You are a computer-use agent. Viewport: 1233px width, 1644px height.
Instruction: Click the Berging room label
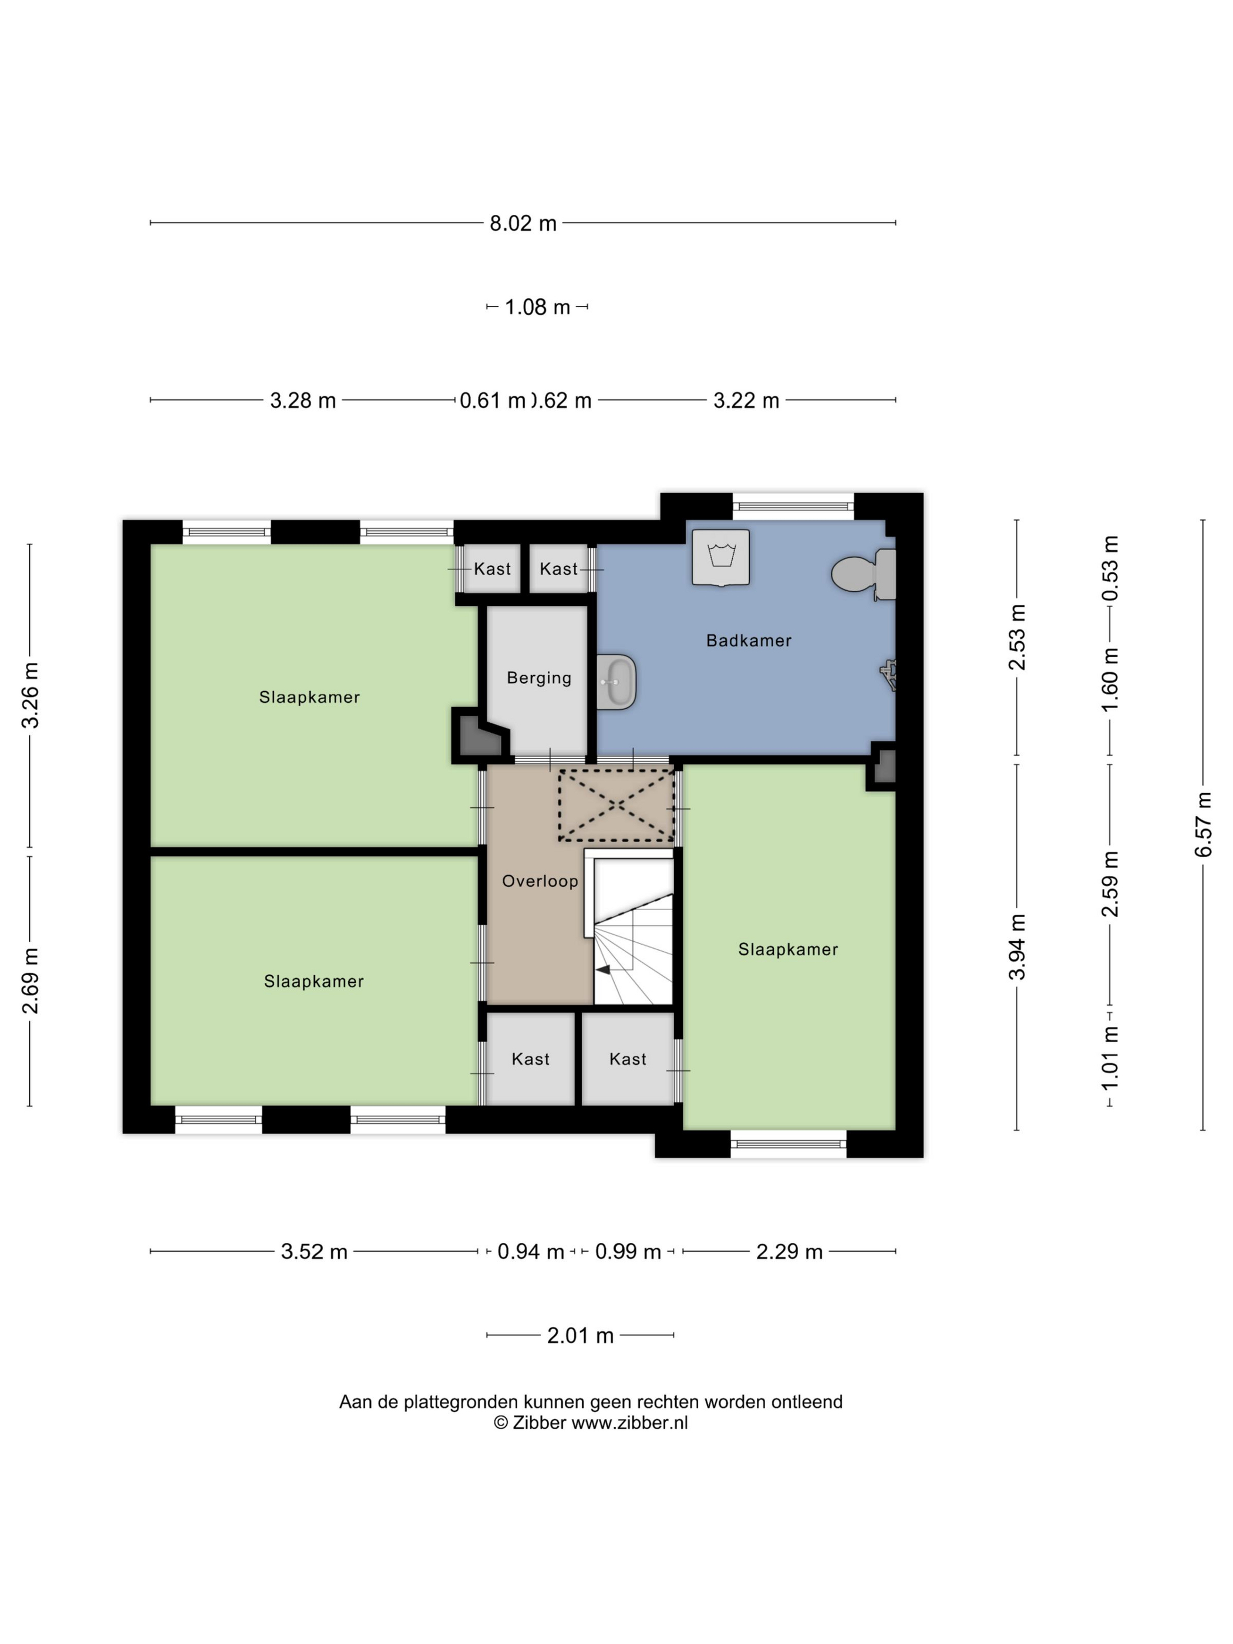click(539, 677)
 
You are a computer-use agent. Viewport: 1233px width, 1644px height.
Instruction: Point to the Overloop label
click(540, 881)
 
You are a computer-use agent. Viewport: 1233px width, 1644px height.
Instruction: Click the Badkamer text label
click(749, 640)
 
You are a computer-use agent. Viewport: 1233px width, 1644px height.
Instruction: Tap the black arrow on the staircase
click(603, 969)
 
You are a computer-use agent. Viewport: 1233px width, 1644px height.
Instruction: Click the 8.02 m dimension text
click(523, 223)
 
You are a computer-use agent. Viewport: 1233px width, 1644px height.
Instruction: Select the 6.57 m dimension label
click(1203, 824)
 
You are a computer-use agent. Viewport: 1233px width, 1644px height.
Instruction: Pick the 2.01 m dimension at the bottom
click(581, 1336)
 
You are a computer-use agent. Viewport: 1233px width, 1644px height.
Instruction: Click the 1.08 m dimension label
click(537, 307)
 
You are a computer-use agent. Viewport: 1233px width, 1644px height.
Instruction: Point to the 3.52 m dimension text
click(314, 1252)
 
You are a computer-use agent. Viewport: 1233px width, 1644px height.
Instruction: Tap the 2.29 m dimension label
click(789, 1252)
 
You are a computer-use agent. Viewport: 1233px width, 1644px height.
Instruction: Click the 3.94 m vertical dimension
click(1017, 947)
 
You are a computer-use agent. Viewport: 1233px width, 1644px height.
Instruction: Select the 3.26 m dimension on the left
click(30, 695)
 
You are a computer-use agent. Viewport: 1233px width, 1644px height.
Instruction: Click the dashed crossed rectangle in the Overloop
click(616, 805)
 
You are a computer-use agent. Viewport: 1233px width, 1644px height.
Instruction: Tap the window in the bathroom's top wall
click(793, 507)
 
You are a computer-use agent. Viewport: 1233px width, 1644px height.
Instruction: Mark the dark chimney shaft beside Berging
click(479, 735)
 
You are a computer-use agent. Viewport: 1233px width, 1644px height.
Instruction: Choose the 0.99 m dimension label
click(628, 1252)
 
